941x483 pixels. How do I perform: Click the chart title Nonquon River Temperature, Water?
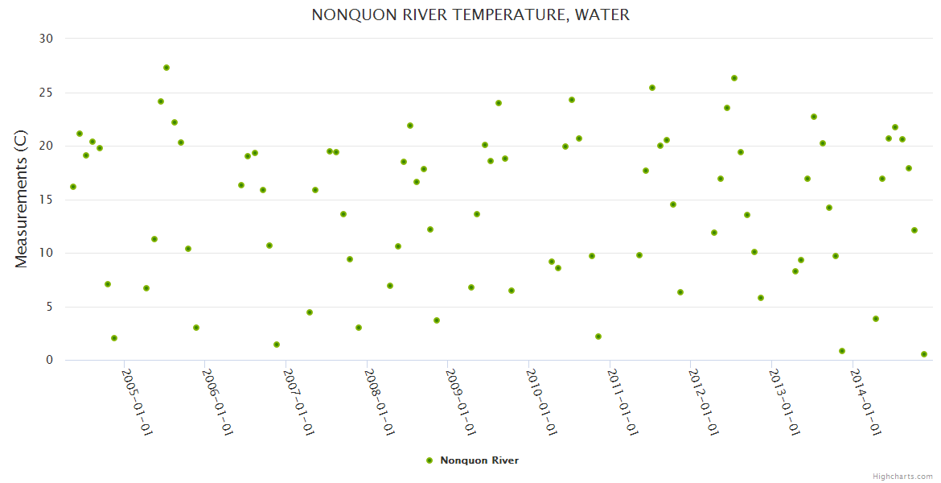point(470,14)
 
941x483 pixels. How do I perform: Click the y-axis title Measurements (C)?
point(22,199)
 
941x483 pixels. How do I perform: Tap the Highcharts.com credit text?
point(902,476)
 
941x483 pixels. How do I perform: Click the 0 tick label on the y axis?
point(49,361)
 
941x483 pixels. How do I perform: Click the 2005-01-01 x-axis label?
point(138,402)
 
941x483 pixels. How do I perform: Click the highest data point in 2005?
point(166,68)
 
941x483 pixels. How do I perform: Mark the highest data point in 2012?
point(734,78)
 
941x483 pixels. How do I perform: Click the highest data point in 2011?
point(652,88)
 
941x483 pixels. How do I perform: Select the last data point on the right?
point(924,354)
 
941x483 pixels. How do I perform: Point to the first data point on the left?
point(73,187)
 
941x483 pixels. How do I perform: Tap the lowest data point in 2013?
point(842,351)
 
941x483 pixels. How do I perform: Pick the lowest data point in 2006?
point(277,345)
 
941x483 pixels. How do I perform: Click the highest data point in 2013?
point(814,117)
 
